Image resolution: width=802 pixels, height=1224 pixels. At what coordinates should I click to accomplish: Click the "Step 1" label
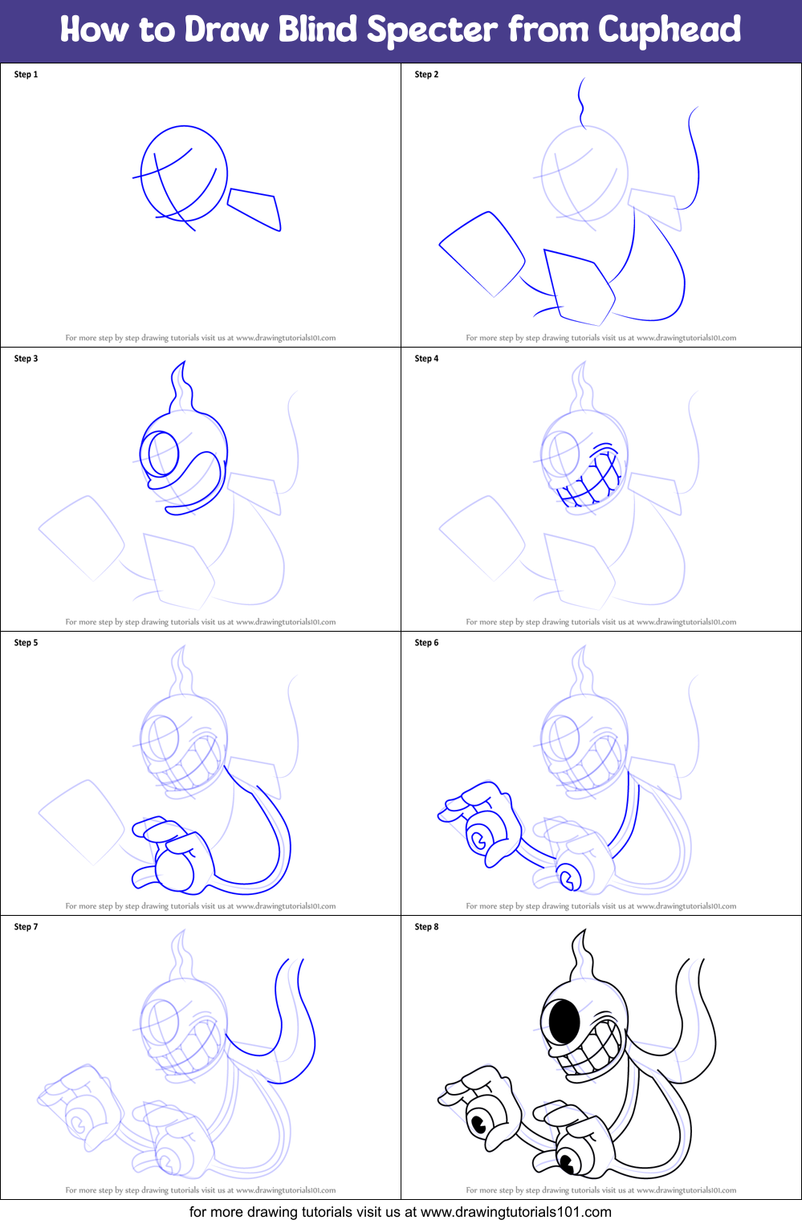[x=26, y=75]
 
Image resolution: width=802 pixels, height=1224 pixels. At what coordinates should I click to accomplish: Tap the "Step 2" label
[x=426, y=75]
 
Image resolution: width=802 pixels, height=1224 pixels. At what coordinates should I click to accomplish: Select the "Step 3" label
[x=26, y=359]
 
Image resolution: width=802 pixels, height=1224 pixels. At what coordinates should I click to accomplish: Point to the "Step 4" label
[x=426, y=359]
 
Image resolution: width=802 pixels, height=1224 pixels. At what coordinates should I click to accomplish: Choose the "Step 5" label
[x=26, y=643]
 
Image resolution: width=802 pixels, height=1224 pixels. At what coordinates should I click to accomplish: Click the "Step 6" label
[x=426, y=643]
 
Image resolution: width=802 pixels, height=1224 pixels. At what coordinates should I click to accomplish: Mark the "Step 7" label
[x=26, y=927]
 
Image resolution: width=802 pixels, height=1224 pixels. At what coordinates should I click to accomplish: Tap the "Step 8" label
[x=426, y=927]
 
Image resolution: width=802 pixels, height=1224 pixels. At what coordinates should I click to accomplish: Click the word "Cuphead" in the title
[x=670, y=30]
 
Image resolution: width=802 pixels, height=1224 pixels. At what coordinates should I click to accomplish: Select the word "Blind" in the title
[x=317, y=30]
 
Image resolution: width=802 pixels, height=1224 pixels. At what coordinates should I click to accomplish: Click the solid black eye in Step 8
[x=564, y=1021]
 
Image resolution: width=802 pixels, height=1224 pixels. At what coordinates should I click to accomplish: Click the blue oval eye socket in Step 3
[x=161, y=454]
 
